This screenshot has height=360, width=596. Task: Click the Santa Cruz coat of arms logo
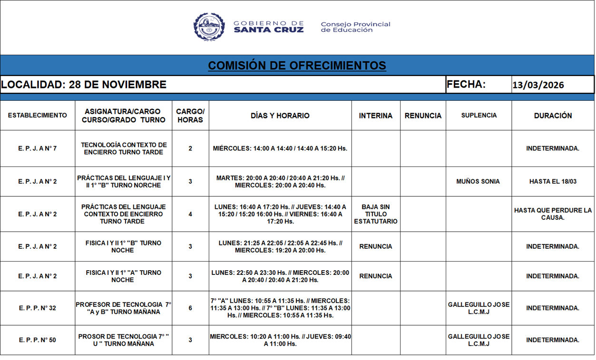point(209,27)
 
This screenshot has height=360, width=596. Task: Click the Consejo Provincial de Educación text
point(355,27)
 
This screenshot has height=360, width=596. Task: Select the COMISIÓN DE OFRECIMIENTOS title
point(297,65)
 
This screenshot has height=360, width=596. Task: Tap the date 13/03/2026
point(538,85)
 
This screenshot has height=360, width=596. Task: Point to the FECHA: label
point(466,85)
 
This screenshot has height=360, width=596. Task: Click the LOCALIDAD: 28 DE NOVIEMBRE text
point(84,85)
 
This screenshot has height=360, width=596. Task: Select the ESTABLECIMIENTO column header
point(38,116)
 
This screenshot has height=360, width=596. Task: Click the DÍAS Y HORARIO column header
point(280,116)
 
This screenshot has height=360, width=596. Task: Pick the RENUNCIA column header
point(423,116)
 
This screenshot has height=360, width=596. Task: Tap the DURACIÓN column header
point(553,116)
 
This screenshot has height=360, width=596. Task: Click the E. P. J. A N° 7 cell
point(38,148)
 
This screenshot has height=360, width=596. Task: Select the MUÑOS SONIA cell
point(478,181)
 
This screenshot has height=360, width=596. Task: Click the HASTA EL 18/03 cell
point(553,181)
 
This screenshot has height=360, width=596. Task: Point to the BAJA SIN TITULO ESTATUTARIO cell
point(376,214)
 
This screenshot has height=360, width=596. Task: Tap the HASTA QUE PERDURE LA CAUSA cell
point(553,214)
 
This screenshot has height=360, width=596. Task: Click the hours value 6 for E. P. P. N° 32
point(190,308)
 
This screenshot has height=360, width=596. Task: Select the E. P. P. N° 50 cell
point(38,340)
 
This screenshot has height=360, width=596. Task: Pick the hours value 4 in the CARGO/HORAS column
point(190,214)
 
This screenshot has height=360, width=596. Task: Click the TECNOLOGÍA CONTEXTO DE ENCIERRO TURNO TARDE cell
point(124,148)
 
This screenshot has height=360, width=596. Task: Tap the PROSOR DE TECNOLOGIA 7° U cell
point(124,340)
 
